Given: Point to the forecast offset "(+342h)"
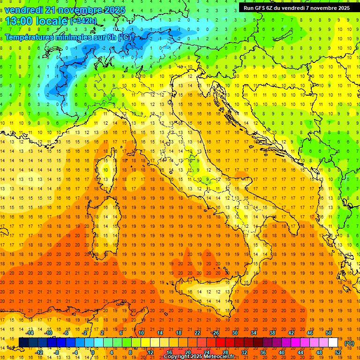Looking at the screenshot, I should coord(84,21).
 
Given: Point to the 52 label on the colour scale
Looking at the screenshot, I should coord(337,352).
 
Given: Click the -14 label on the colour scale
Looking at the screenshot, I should coord(30,333).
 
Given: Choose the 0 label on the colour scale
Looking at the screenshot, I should coord(93,352).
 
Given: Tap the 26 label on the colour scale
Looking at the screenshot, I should coord(215,333).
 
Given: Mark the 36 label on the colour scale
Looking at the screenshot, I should coord(262,352).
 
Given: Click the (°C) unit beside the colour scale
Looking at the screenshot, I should coord(349,343).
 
